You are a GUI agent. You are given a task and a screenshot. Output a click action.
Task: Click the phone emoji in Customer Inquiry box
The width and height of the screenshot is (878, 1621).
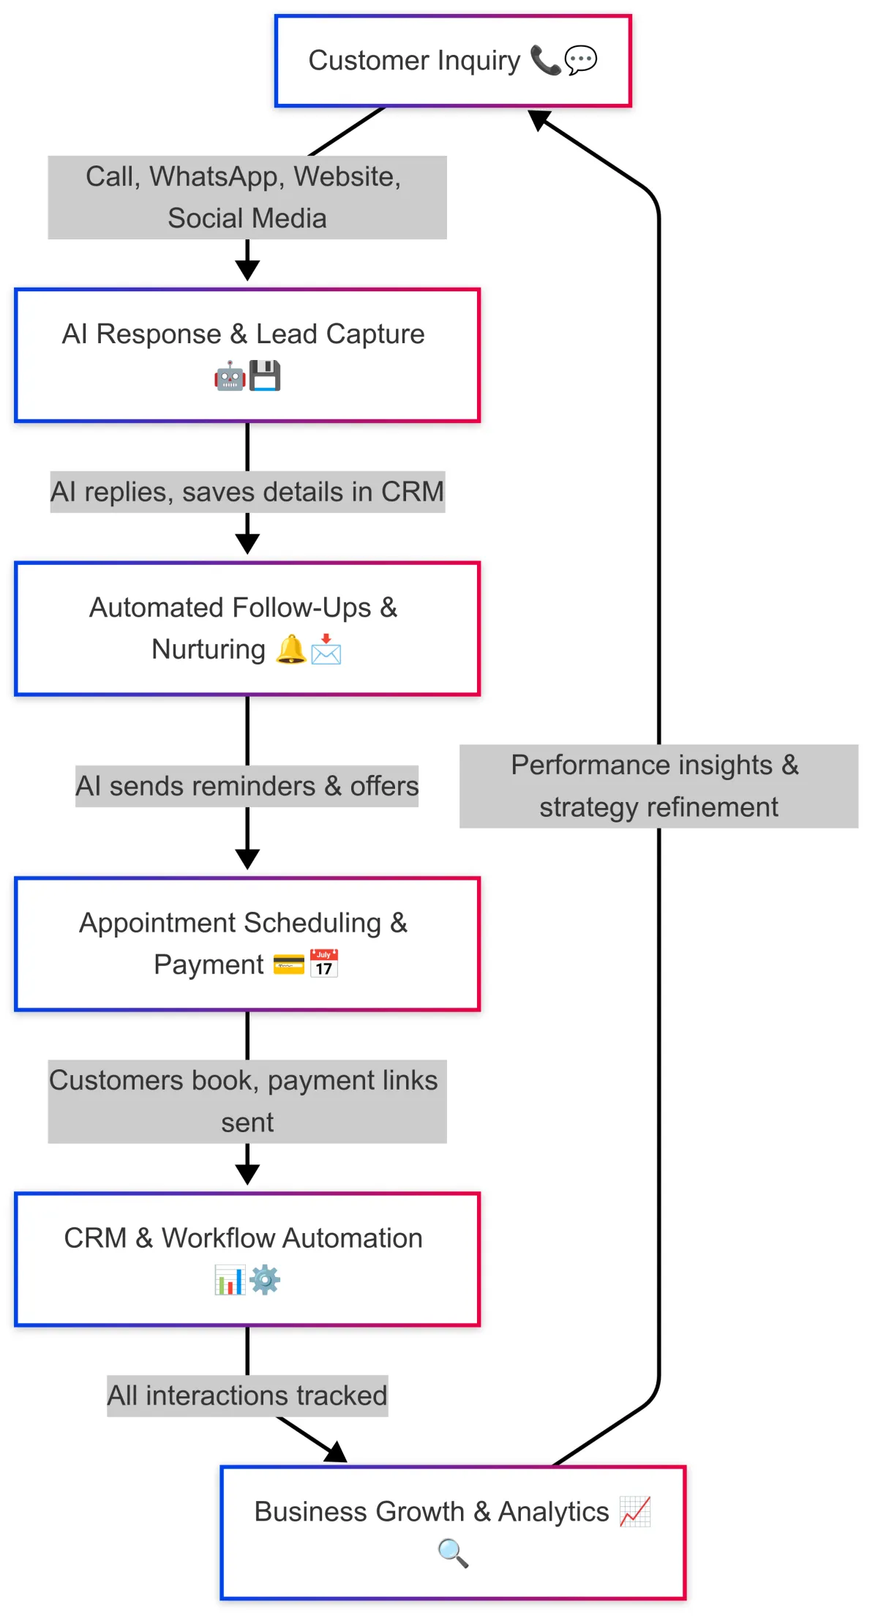point(545,60)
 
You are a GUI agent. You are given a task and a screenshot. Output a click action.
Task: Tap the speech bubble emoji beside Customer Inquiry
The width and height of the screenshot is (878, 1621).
point(581,60)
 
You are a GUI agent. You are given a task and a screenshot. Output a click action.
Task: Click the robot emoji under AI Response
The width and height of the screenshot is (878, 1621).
point(229,376)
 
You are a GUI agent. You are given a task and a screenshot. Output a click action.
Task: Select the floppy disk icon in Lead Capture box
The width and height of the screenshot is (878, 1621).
point(265,376)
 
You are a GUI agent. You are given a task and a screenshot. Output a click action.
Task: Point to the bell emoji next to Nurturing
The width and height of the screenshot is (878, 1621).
point(290,649)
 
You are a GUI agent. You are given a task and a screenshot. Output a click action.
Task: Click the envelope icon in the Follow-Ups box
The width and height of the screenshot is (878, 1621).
point(326,649)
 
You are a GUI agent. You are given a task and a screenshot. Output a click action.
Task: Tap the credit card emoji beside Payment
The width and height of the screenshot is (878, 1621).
point(288,965)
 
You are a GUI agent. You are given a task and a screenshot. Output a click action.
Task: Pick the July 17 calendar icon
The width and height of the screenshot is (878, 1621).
point(324,964)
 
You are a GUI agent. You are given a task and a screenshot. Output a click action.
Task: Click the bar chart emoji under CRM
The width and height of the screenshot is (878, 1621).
point(229,1280)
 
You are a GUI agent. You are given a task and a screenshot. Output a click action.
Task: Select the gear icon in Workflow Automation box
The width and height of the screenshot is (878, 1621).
point(265,1280)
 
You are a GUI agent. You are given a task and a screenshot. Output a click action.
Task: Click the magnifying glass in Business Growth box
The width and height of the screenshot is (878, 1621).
point(453,1553)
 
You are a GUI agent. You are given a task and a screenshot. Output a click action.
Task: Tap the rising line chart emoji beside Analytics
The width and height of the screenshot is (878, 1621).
point(635,1511)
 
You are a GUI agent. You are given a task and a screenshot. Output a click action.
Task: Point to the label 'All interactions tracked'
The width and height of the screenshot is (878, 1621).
point(247,1396)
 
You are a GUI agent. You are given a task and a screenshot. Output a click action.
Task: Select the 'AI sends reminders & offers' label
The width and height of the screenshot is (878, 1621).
point(247,786)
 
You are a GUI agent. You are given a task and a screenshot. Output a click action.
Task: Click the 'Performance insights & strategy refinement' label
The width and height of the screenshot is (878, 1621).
point(658,786)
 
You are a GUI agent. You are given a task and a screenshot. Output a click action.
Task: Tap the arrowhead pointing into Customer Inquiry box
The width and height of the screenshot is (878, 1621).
point(539,119)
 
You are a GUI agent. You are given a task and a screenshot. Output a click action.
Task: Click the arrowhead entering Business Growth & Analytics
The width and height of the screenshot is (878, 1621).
point(337,1453)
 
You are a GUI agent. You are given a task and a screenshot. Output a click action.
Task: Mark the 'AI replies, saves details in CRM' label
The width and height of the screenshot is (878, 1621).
point(247,492)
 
